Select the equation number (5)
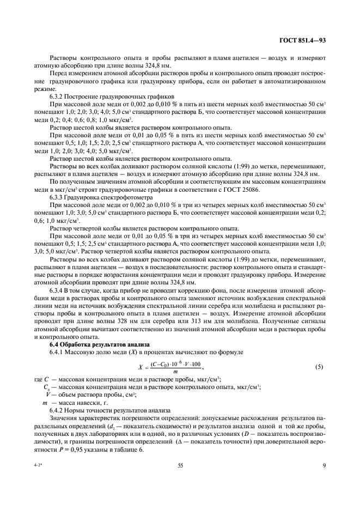(x=319, y=367)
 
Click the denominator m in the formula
(x=175, y=373)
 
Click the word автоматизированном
(x=295, y=80)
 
